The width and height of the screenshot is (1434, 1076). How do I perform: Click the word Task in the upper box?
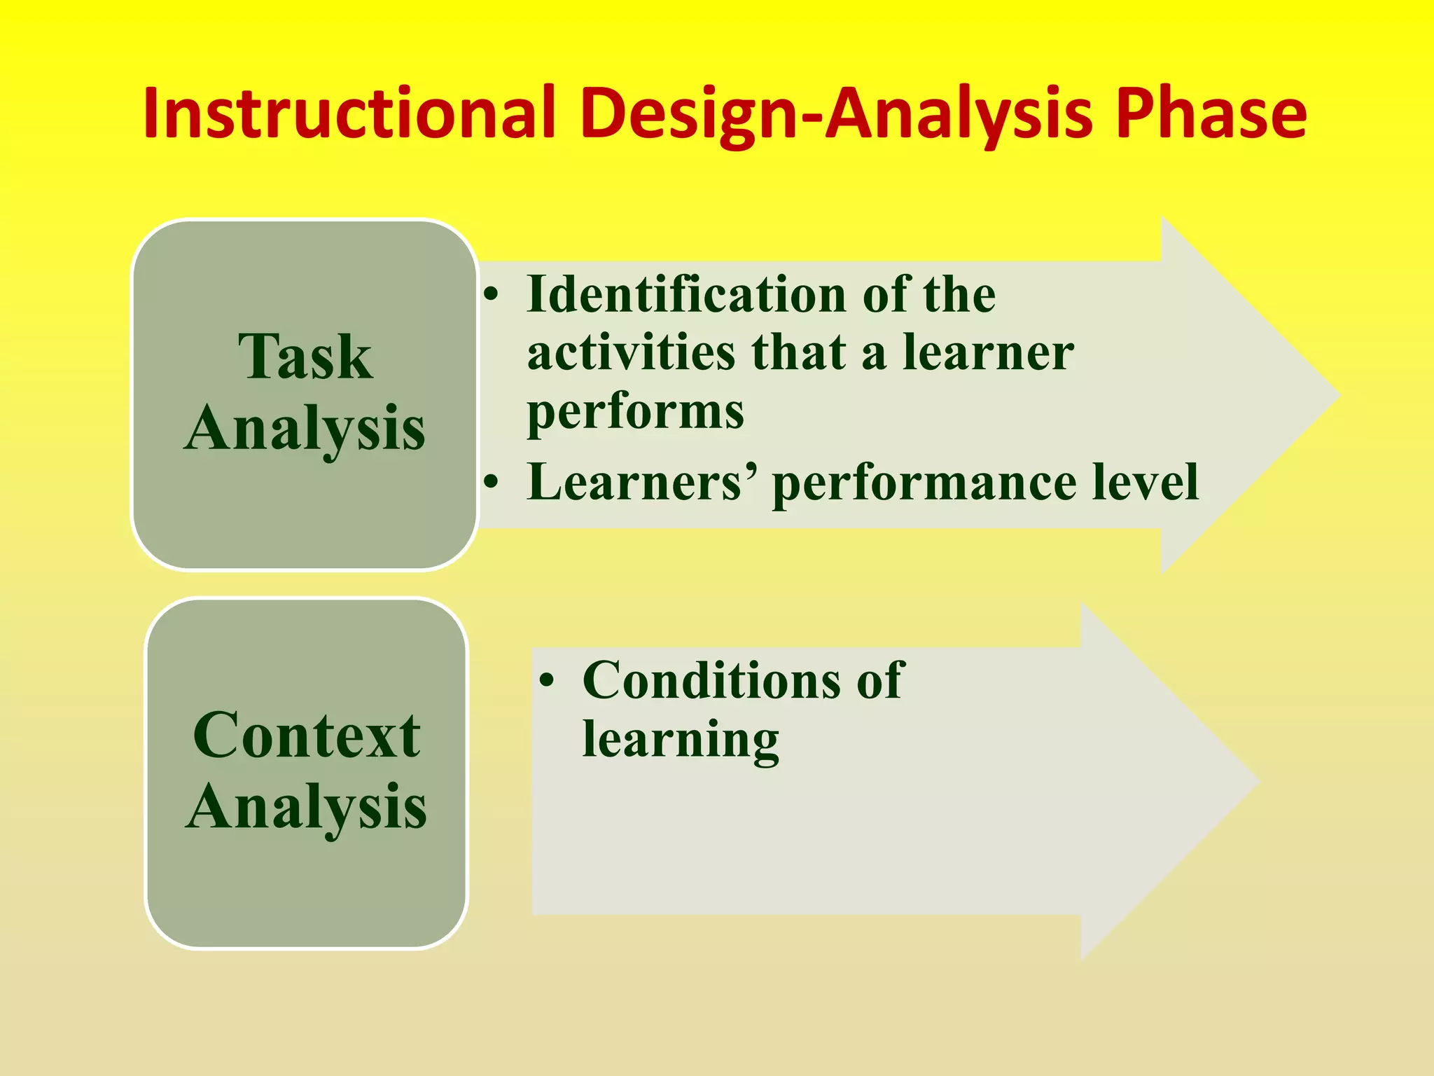point(305,357)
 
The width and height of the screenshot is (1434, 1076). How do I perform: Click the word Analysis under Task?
point(305,429)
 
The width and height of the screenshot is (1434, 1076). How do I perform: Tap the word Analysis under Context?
point(307,808)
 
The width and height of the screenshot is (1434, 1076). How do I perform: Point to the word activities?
point(631,352)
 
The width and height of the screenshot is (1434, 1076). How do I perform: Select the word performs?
point(635,412)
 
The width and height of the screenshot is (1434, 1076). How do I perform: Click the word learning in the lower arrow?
point(681,740)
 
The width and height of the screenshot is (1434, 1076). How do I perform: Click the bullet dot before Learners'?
point(492,482)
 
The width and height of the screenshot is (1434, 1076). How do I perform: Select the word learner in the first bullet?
point(988,352)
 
